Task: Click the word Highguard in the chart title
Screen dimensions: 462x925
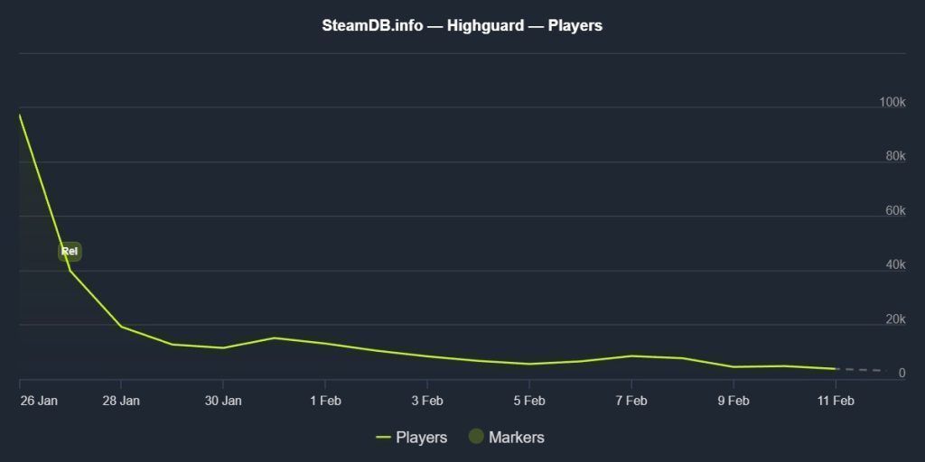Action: (x=485, y=25)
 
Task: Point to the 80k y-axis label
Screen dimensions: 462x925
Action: (x=895, y=157)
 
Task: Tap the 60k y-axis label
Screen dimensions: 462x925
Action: (x=895, y=211)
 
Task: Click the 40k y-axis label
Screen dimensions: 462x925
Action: (x=895, y=265)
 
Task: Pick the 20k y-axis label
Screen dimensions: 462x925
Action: (x=895, y=319)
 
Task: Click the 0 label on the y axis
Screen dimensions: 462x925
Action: (x=902, y=374)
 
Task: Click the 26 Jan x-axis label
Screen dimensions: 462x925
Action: (x=38, y=401)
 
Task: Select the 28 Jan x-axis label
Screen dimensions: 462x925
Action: (x=121, y=401)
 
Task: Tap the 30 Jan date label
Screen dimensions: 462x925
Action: (x=223, y=401)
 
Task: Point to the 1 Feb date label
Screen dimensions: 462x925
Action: (x=325, y=401)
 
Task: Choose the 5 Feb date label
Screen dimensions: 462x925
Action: (x=529, y=401)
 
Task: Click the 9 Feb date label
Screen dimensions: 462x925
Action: (x=733, y=401)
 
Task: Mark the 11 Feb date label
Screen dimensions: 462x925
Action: (x=835, y=401)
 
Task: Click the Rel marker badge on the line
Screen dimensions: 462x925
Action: (x=70, y=252)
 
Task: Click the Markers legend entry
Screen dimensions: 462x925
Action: (x=516, y=438)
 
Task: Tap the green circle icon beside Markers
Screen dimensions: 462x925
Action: (x=476, y=437)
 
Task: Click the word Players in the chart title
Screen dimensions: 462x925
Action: (x=575, y=25)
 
